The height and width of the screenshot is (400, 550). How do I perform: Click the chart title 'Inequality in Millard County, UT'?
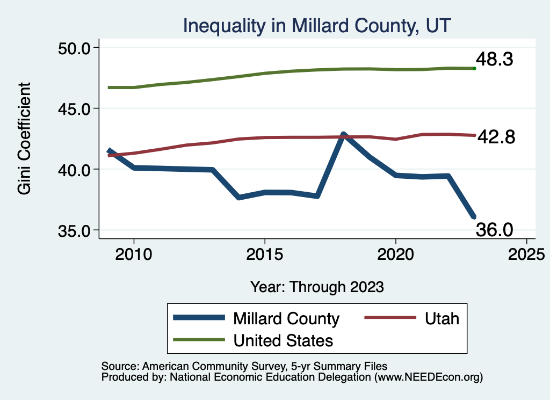[x=317, y=25]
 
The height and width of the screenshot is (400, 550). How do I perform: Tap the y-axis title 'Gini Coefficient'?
[x=25, y=139]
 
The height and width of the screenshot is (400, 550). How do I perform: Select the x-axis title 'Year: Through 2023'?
[x=317, y=287]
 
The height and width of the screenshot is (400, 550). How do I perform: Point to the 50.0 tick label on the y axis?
[x=75, y=48]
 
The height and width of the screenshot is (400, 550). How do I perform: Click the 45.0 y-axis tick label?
[x=75, y=108]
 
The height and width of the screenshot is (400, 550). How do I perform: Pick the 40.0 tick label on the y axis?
[x=75, y=170]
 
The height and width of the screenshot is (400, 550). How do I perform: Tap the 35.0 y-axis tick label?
[x=75, y=230]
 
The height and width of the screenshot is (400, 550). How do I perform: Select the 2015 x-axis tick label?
[x=265, y=253]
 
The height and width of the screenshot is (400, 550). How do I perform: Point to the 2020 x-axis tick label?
[x=396, y=253]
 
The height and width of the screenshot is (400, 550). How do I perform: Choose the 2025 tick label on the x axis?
[x=526, y=253]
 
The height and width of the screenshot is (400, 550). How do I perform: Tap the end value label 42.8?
[x=497, y=137]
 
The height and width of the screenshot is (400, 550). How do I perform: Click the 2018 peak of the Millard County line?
[x=343, y=134]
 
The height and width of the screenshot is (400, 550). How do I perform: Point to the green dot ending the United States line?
[x=474, y=68]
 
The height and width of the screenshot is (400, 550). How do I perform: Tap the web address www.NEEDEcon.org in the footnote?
[x=427, y=377]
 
